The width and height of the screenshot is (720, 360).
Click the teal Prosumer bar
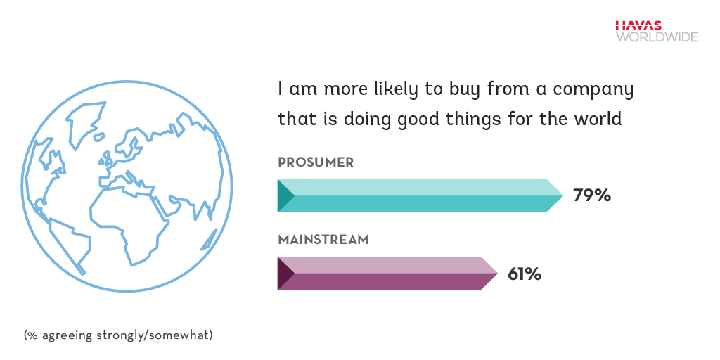420,195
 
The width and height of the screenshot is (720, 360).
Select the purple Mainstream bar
387,274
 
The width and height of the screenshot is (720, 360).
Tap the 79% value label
592,195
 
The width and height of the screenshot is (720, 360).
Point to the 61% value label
525,274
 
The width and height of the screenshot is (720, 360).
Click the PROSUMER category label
316,162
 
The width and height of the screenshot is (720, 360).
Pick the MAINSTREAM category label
323,240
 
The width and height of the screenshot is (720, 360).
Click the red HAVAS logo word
638,26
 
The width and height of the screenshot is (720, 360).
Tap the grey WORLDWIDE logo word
657,37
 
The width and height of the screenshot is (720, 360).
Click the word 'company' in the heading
593,90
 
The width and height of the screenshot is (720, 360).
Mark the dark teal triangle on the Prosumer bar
285,195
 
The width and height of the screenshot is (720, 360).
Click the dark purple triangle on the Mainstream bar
285,274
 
